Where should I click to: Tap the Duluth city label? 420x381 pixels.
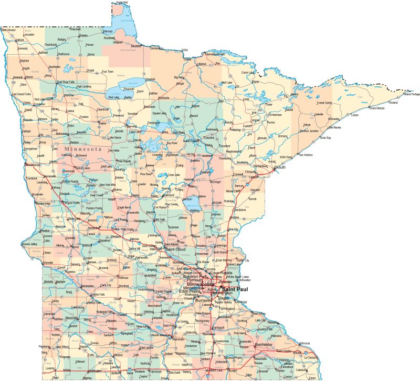click(280, 167)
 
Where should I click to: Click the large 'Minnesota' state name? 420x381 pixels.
click(82, 149)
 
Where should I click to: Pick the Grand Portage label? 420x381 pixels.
click(411, 95)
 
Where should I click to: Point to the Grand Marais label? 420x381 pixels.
click(377, 108)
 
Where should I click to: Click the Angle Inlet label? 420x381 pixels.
click(122, 3)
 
